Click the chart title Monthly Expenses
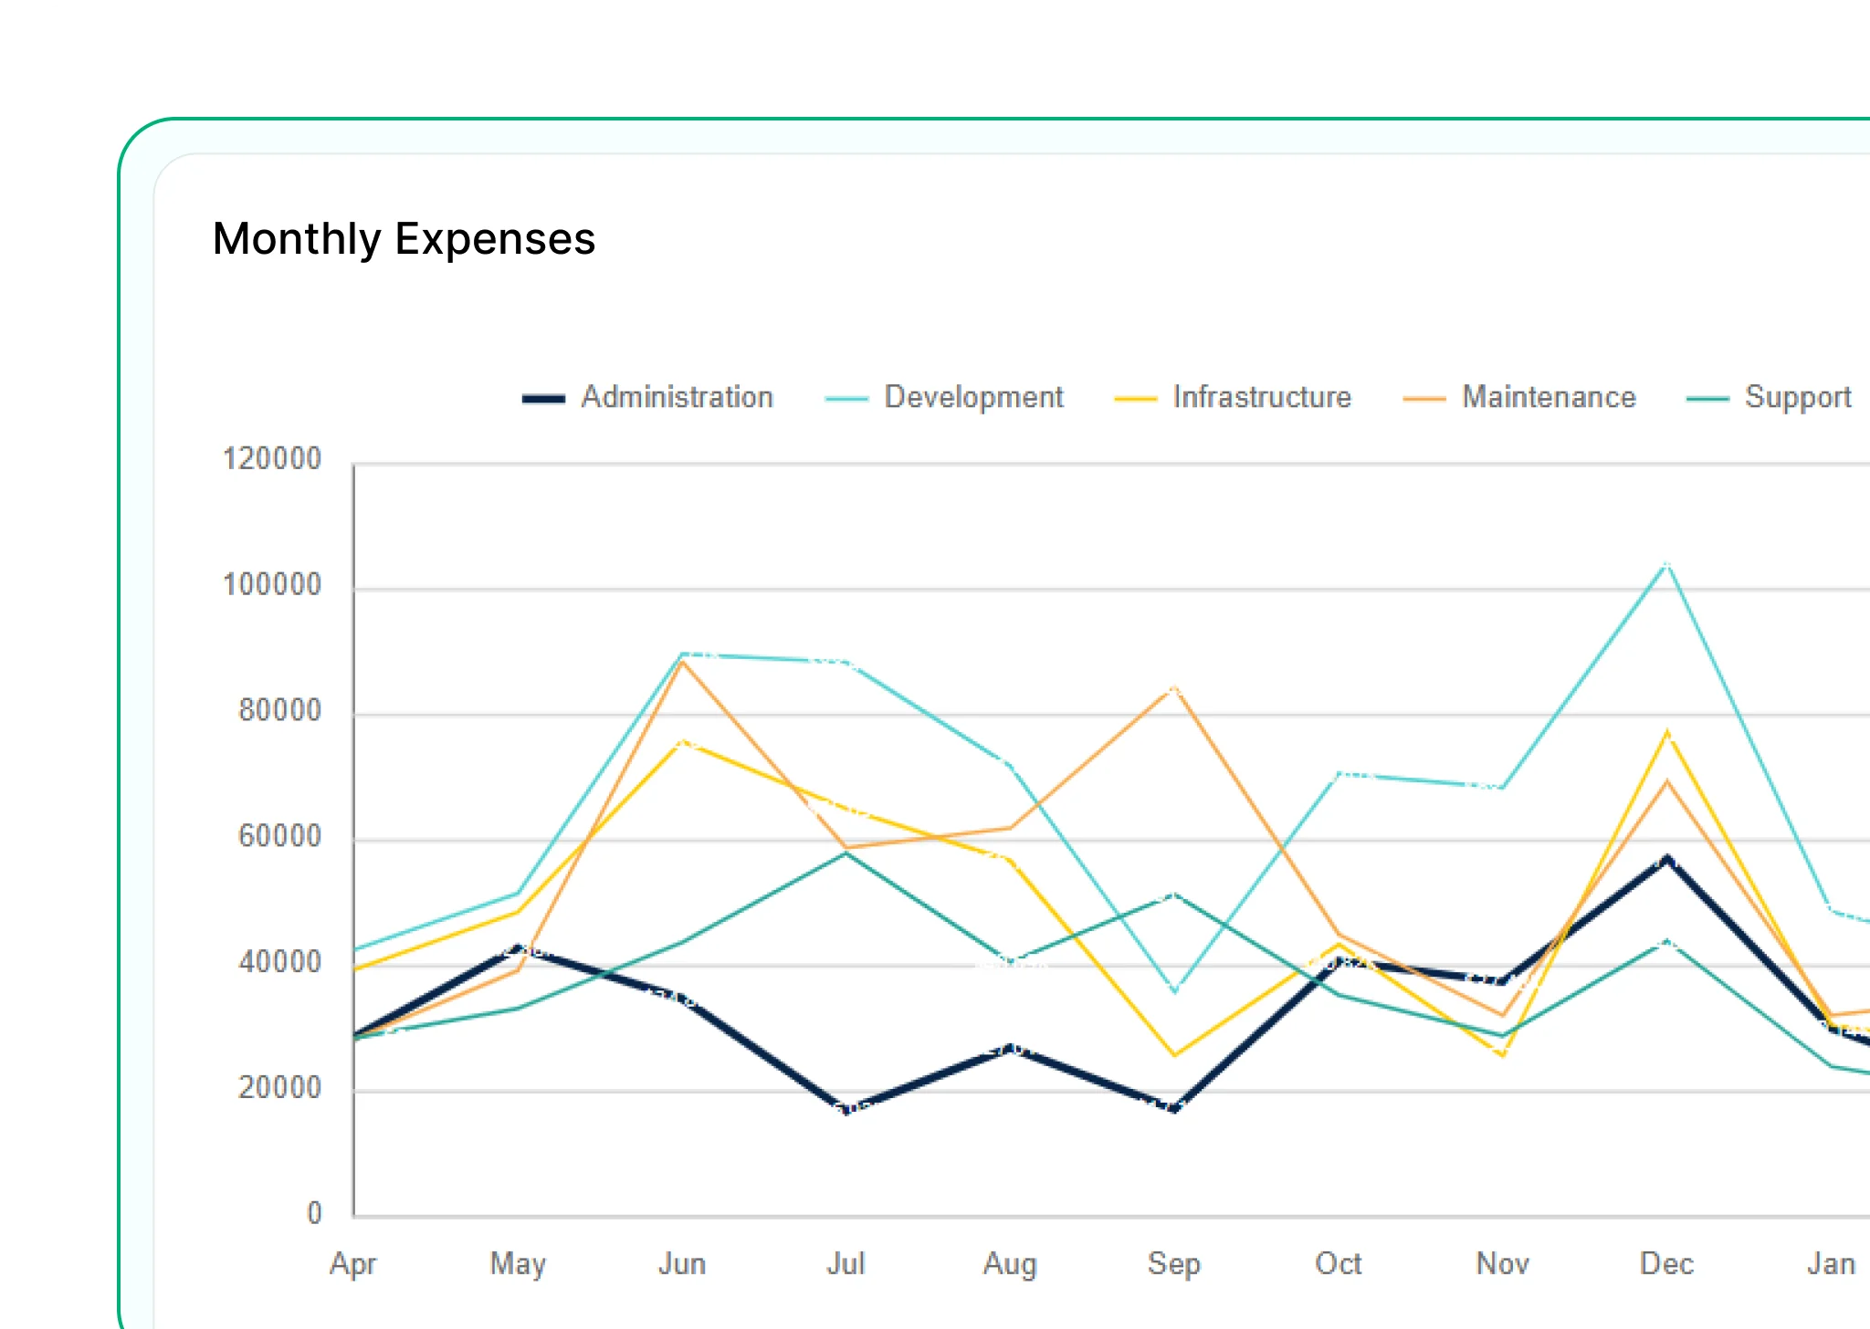[x=404, y=239]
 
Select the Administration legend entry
[x=648, y=397]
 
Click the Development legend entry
[x=945, y=397]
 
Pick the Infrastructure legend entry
[x=1234, y=397]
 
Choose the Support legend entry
[x=1770, y=397]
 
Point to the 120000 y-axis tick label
[x=272, y=458]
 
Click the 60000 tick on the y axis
[x=279, y=836]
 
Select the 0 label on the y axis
[x=314, y=1213]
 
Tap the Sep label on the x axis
[x=1174, y=1263]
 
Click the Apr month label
[x=353, y=1263]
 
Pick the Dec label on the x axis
[x=1666, y=1263]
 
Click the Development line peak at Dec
[x=1666, y=564]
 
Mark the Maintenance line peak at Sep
[x=1174, y=687]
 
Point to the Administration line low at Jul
[x=847, y=1109]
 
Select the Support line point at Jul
[x=847, y=853]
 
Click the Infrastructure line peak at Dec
[x=1667, y=731]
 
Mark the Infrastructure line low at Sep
[x=1174, y=1055]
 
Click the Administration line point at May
[x=518, y=949]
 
